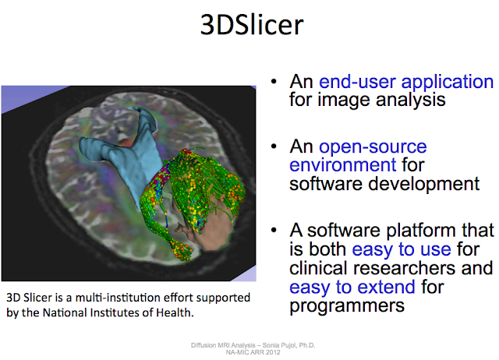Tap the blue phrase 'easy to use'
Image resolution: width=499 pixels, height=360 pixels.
tap(402, 250)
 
